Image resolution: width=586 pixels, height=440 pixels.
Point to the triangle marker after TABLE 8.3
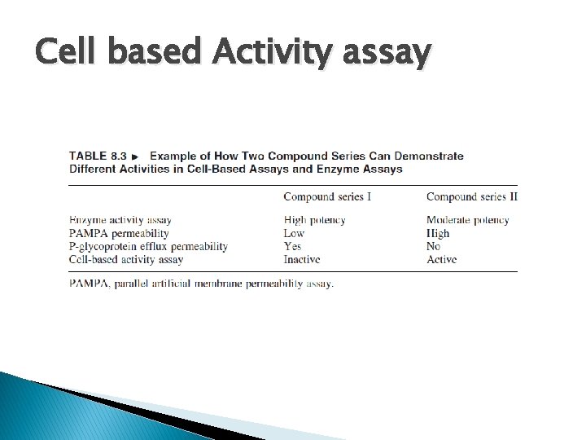135,156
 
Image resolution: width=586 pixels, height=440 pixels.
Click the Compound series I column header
327,196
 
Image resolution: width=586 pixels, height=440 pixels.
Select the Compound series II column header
472,196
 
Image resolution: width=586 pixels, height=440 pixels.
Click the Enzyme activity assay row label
120,220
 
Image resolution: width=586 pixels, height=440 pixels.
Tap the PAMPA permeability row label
119,233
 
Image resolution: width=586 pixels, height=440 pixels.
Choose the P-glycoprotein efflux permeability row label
148,246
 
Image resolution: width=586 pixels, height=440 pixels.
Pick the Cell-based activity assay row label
126,259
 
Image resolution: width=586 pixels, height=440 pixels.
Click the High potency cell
314,220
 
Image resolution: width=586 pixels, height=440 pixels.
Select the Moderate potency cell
468,220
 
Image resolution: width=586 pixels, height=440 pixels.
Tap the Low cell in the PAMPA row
294,233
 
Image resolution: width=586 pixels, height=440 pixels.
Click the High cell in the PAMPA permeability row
438,233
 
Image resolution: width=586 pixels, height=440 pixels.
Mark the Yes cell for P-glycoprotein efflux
293,246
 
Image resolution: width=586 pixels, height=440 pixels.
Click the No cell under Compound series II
433,246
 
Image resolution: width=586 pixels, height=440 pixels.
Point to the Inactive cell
302,259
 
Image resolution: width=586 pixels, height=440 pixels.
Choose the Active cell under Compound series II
441,259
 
